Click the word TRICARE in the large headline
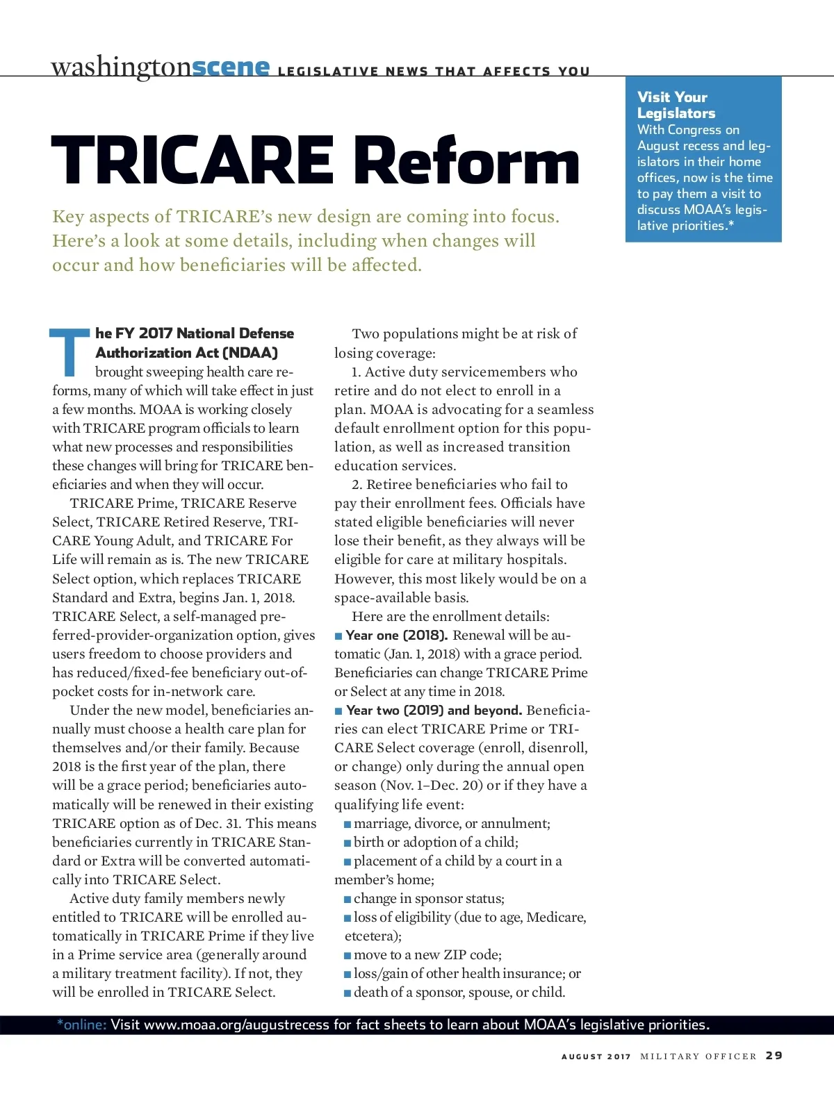click(x=192, y=161)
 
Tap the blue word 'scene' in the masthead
click(x=230, y=67)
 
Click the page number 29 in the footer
click(x=774, y=1055)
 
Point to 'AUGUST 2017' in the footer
click(x=596, y=1056)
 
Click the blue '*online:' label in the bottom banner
click(x=82, y=1025)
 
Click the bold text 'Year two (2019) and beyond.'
click(x=434, y=710)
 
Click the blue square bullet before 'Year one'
click(x=338, y=636)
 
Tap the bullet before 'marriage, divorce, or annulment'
click(x=347, y=824)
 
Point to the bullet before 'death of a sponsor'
click(x=347, y=993)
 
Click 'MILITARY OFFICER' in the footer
click(x=698, y=1056)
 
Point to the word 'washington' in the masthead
click(x=120, y=67)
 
